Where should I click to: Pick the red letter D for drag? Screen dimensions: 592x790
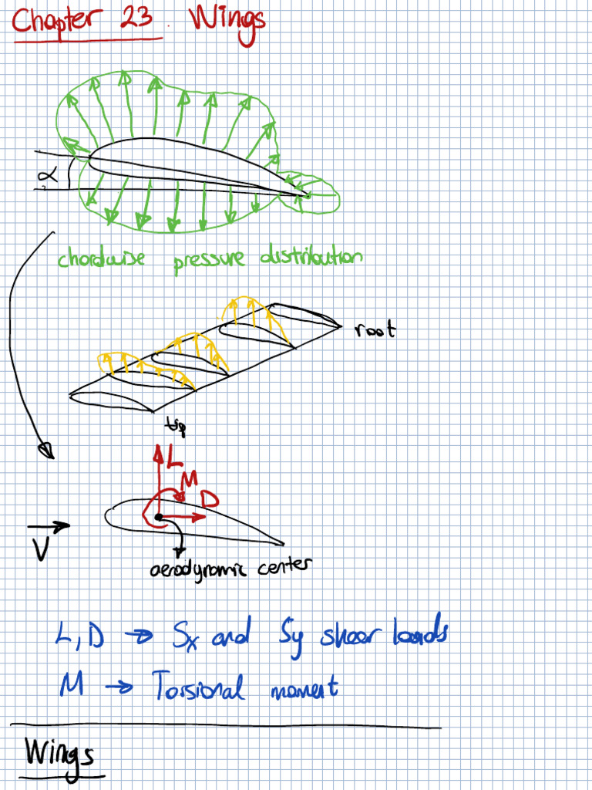coord(209,499)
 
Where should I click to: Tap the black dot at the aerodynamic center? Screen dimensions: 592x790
coord(159,516)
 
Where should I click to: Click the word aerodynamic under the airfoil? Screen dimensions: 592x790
coord(194,570)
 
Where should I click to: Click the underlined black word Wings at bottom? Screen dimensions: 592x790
coord(59,752)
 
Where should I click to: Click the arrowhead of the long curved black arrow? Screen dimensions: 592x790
coord(46,448)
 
